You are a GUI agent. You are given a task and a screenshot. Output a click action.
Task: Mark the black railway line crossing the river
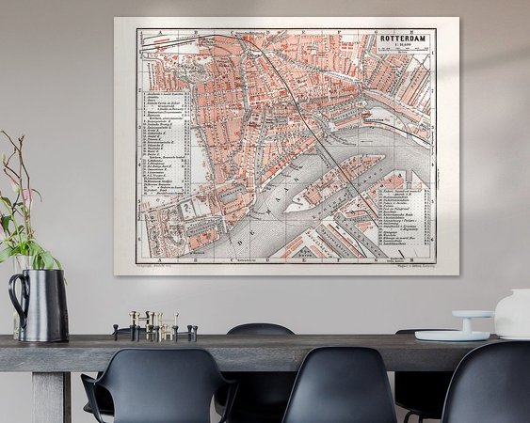tap(325, 150)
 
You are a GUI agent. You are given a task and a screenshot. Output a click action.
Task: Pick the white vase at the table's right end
tap(513, 314)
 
